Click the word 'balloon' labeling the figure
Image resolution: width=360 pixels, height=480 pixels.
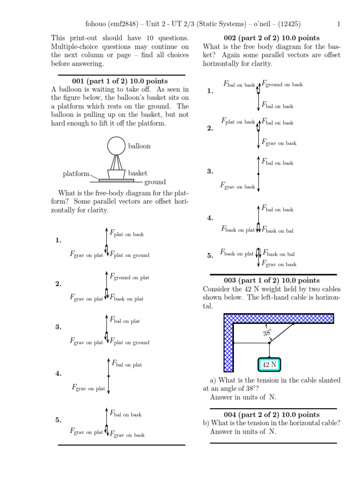pyautogui.click(x=139, y=146)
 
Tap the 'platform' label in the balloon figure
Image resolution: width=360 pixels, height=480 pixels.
pyautogui.click(x=76, y=174)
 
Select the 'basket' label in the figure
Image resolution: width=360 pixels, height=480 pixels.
pyautogui.click(x=137, y=173)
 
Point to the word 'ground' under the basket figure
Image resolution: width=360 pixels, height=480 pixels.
pyautogui.click(x=155, y=182)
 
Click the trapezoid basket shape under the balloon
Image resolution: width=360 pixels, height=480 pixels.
pyautogui.click(x=117, y=173)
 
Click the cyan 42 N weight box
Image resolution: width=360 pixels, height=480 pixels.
pyautogui.click(x=269, y=364)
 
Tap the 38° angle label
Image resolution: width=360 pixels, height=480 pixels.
pyautogui.click(x=268, y=332)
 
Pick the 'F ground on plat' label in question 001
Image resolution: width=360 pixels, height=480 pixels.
pyautogui.click(x=129, y=277)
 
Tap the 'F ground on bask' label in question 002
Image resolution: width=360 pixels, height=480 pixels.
pyautogui.click(x=282, y=84)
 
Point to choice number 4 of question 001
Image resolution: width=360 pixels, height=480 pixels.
pyautogui.click(x=59, y=374)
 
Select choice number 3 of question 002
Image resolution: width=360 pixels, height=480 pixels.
pyautogui.click(x=210, y=172)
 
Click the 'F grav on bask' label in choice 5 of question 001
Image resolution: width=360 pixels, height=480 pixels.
pyautogui.click(x=127, y=435)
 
